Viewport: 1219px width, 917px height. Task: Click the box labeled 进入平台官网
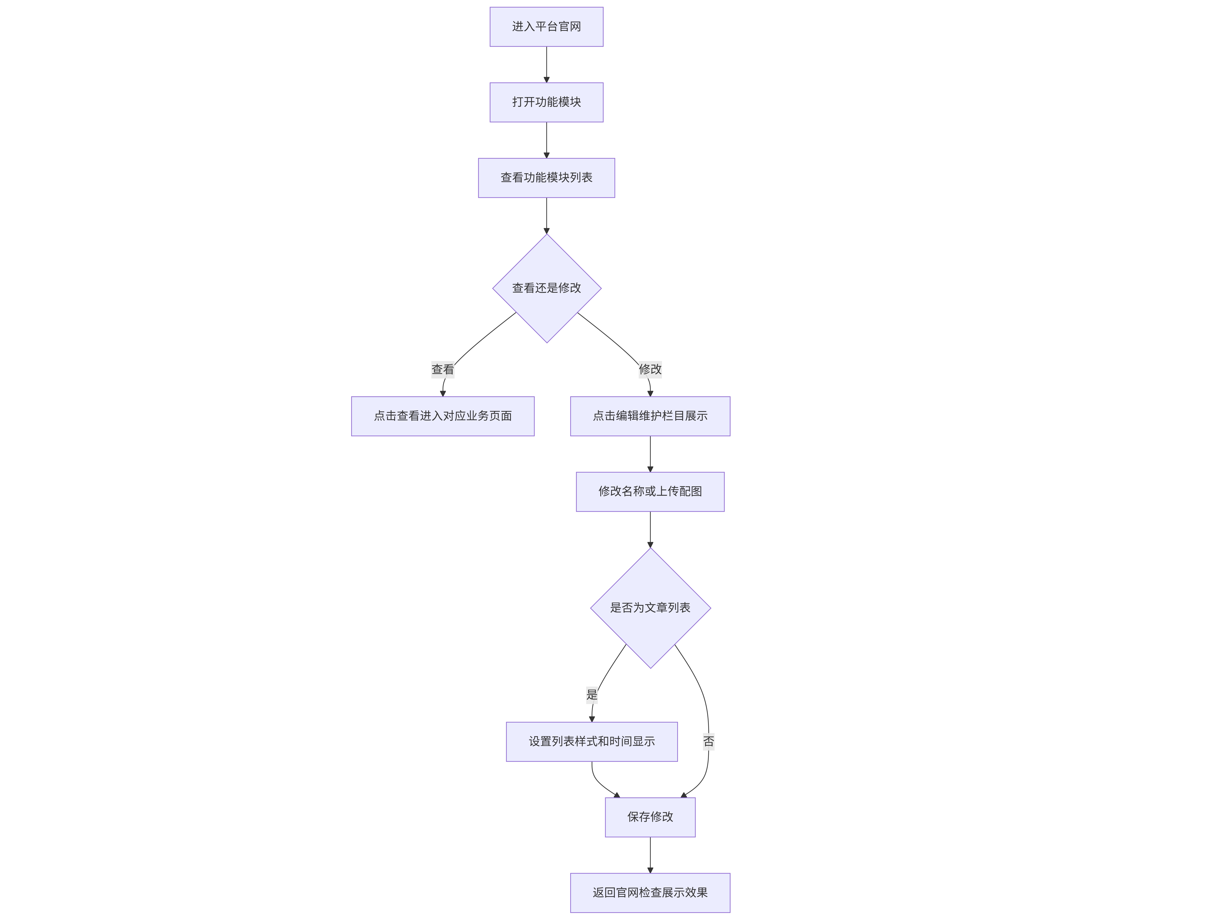point(546,27)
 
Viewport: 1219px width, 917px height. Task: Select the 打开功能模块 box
point(546,102)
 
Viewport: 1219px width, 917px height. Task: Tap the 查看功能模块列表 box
point(546,178)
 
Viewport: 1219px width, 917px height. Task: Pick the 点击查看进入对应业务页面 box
point(443,416)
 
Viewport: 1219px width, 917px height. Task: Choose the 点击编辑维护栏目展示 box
point(650,416)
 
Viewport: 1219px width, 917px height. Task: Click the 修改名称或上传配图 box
point(650,491)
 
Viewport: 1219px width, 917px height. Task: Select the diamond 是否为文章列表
point(650,608)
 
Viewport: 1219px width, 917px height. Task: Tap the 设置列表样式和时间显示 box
point(592,742)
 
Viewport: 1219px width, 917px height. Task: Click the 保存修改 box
point(650,817)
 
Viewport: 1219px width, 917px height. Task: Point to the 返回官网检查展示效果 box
point(650,893)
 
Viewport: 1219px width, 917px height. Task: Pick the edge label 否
point(709,742)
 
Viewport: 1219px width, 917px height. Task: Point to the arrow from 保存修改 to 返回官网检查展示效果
point(650,855)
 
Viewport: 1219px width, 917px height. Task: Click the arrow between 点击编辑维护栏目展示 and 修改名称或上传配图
point(650,454)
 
